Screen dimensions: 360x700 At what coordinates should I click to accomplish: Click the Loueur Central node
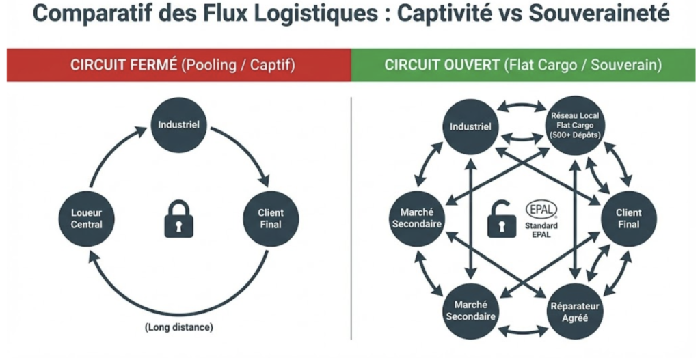pos(87,219)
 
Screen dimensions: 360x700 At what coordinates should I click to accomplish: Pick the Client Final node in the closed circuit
pos(271,219)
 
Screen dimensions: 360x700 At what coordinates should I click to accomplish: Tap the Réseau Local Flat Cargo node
pos(574,124)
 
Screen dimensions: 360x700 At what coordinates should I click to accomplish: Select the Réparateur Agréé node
pos(574,311)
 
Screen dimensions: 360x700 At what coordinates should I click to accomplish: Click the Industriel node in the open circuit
pos(471,126)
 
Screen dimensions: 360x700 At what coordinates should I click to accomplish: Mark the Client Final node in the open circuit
pos(628,218)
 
